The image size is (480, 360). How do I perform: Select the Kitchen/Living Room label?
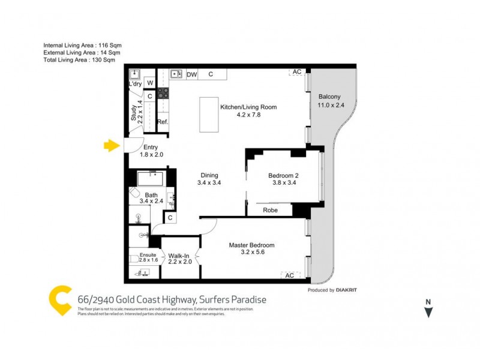tap(248, 107)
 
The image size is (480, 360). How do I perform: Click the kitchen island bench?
tap(209, 115)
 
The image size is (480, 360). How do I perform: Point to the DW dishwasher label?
tap(191, 74)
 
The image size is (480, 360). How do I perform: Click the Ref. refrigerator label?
tap(163, 122)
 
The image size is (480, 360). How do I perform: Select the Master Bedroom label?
tap(252, 245)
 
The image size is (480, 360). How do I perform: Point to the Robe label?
tap(270, 211)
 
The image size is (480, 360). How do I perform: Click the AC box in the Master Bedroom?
tap(289, 275)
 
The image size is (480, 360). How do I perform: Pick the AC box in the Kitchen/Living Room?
tap(296, 72)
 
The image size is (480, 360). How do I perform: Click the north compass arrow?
tap(428, 311)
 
